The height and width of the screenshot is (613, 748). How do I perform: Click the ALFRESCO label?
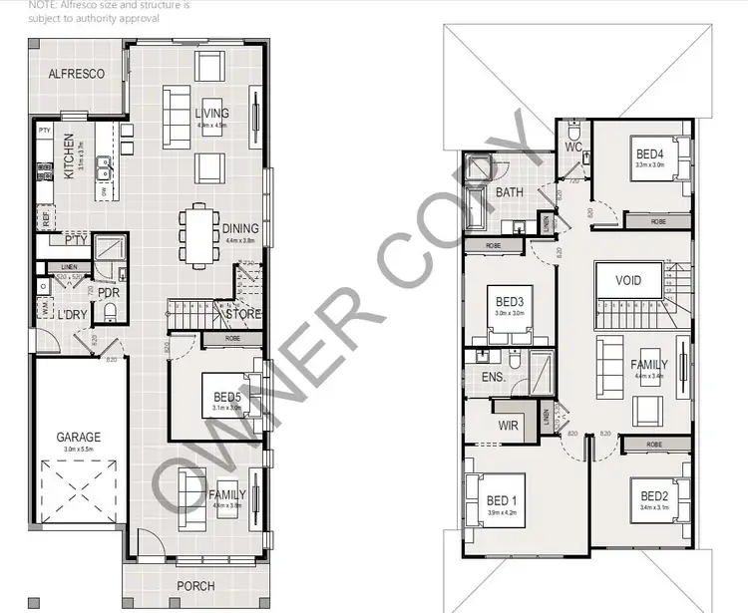[x=77, y=74]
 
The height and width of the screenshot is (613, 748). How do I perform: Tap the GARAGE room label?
[x=78, y=437]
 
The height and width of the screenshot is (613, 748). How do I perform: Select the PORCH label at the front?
[x=195, y=586]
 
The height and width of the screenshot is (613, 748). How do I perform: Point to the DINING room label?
[x=240, y=228]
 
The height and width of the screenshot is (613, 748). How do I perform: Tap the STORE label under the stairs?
[x=243, y=315]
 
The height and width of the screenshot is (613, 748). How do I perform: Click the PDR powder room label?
[x=109, y=293]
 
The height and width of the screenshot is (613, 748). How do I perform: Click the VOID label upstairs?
[x=629, y=281]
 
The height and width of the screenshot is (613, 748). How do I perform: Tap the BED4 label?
[x=649, y=153]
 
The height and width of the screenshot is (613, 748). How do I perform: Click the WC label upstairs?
[x=572, y=148]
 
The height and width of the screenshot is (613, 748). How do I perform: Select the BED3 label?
[x=509, y=301]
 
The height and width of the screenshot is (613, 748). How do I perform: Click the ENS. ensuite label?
[x=493, y=378]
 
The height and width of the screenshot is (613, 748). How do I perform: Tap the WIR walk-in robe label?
[x=508, y=426]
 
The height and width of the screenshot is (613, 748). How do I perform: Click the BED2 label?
[x=653, y=496]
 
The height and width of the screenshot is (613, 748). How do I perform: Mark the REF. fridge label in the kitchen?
[x=45, y=214]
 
